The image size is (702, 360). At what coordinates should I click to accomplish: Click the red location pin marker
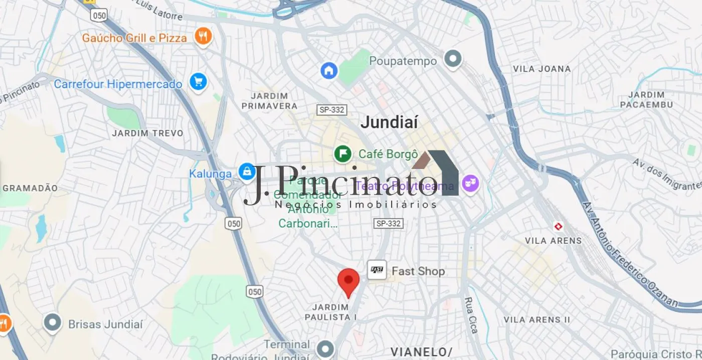pos(348,281)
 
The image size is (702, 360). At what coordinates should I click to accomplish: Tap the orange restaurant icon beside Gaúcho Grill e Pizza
pos(203,36)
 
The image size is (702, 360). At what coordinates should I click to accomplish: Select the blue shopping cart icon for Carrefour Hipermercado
pos(199,82)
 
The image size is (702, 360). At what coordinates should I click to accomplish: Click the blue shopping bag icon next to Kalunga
pos(246,172)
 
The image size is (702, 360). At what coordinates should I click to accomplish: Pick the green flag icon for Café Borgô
pos(343,153)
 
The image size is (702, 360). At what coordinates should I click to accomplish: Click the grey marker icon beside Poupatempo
pos(453,59)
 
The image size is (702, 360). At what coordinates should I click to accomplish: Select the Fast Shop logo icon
pos(377,270)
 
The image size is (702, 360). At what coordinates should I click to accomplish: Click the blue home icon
pos(329,70)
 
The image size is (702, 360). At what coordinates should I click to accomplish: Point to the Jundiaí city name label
pos(389,122)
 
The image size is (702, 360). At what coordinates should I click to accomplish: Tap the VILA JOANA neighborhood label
pos(542,69)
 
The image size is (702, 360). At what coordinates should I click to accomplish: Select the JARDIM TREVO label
pos(147,133)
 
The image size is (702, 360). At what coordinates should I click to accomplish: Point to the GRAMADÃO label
pos(30,188)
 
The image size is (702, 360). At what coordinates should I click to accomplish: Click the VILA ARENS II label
pos(537,319)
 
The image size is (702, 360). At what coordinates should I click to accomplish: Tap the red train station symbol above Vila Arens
pos(557,227)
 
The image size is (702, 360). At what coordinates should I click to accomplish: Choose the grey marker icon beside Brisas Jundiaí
pos(53,323)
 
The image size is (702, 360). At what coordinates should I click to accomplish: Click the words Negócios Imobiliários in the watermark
pos(356,205)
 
